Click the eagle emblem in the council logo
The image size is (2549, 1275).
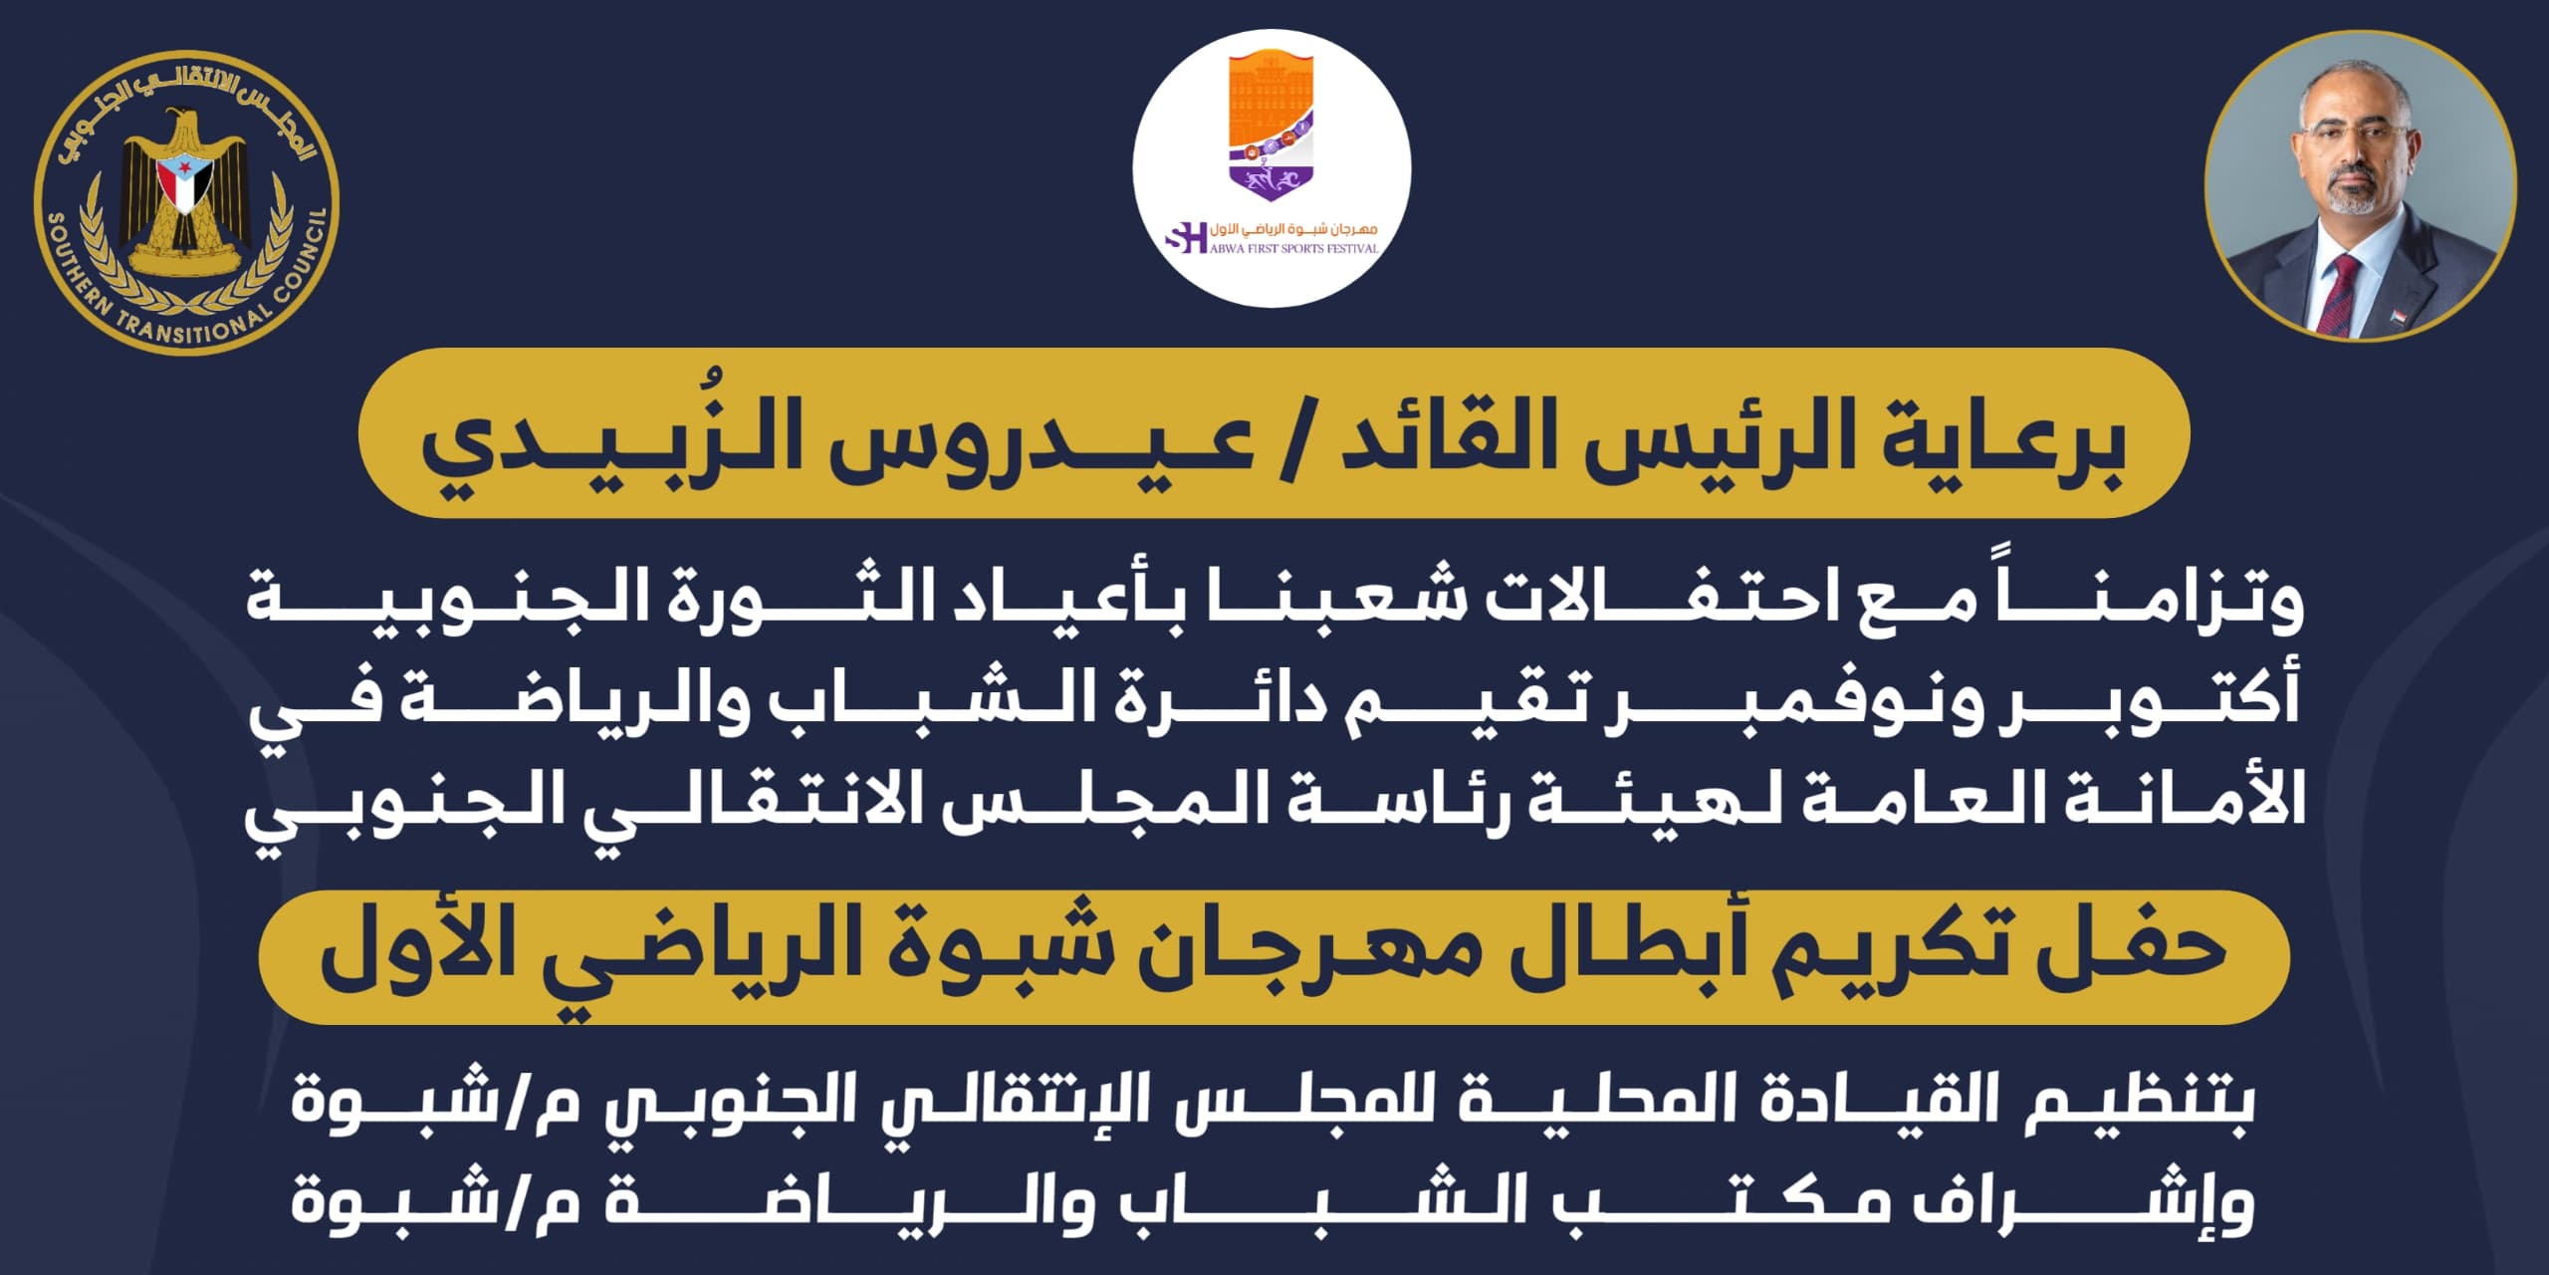(185, 193)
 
